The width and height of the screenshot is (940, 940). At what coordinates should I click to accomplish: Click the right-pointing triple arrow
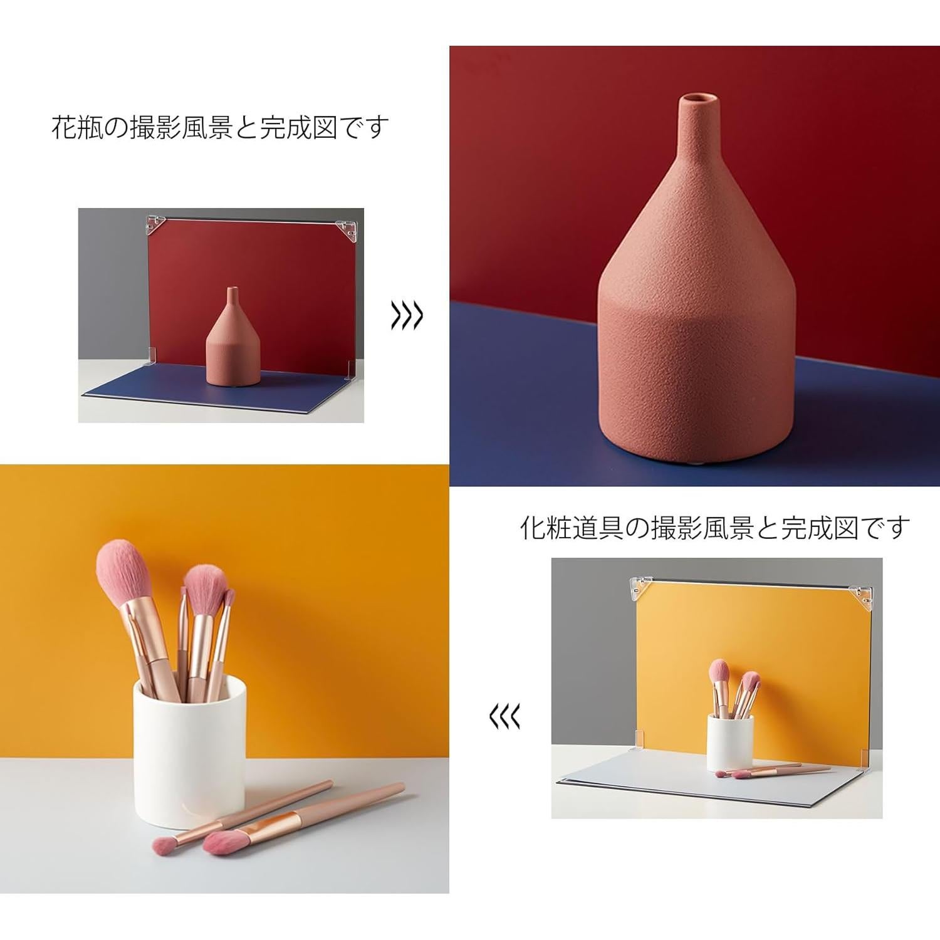[x=407, y=316]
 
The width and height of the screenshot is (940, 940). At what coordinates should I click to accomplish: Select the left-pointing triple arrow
[x=504, y=716]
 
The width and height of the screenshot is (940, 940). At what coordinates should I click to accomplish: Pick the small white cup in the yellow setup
[x=730, y=743]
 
